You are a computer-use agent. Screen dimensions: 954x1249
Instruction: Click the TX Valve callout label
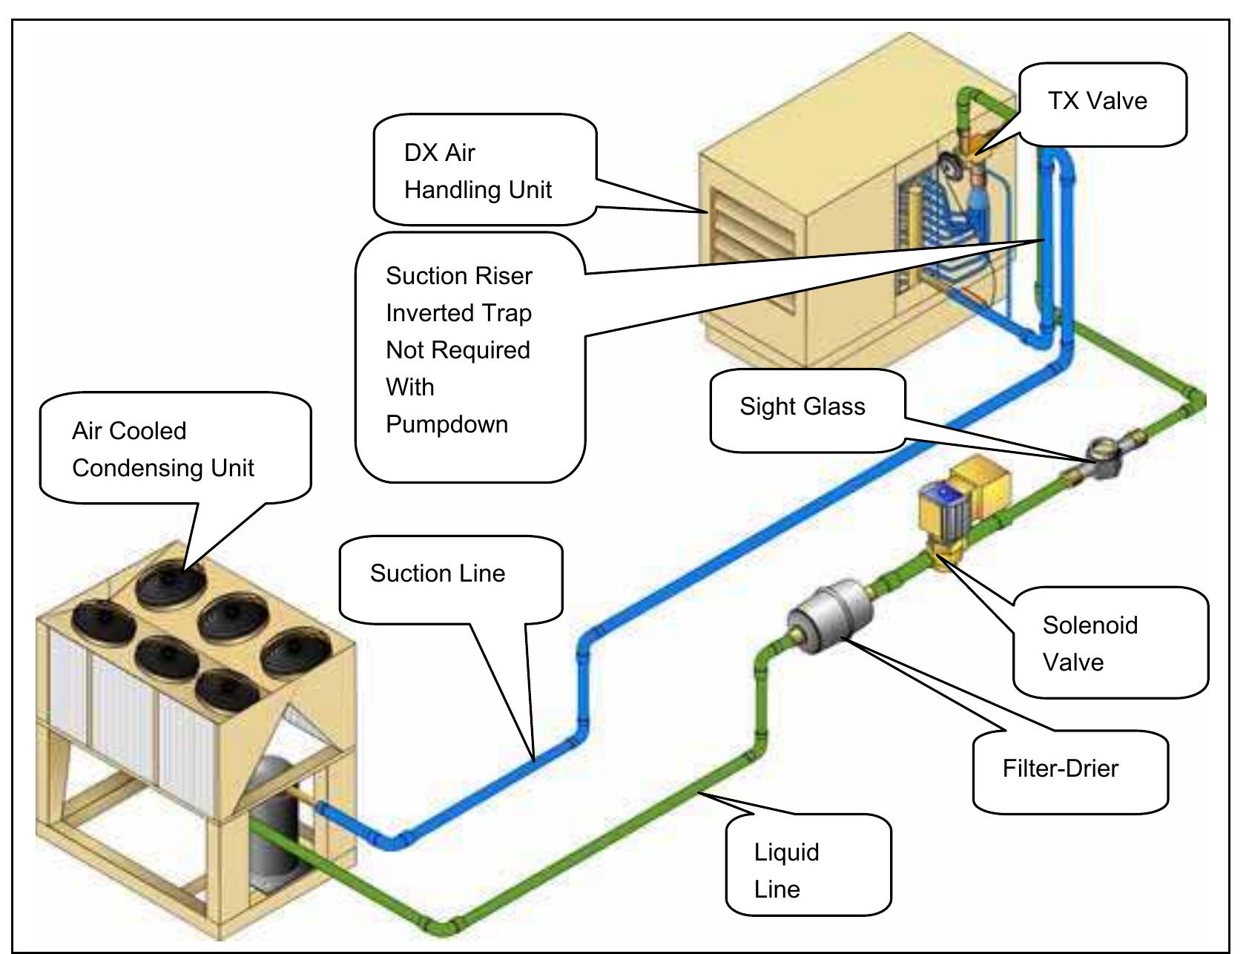(1097, 101)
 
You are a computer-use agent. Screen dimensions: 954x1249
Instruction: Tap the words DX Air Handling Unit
(477, 171)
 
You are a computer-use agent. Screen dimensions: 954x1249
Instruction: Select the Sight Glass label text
(802, 407)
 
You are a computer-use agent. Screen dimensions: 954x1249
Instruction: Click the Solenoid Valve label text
(1090, 643)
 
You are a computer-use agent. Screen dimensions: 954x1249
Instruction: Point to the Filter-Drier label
(1060, 769)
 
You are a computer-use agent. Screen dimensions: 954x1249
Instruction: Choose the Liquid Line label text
(786, 870)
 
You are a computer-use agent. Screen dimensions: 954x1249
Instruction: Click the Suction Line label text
(438, 573)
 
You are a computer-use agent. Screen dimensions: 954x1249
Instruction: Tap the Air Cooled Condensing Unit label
(162, 450)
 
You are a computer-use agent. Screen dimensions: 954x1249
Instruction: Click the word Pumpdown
(446, 424)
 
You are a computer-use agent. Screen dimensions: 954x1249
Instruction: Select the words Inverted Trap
(458, 313)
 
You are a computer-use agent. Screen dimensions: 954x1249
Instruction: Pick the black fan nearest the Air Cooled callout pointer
(171, 582)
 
